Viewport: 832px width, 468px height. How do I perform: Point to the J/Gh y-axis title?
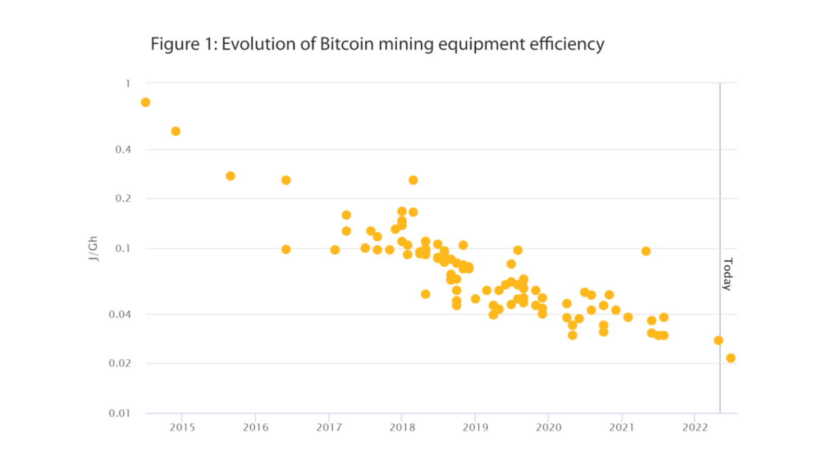click(x=93, y=249)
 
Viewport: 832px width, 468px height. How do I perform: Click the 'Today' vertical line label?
click(x=727, y=274)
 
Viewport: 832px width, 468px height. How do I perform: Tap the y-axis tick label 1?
click(x=128, y=83)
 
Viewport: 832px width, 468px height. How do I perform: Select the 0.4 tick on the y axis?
click(x=123, y=150)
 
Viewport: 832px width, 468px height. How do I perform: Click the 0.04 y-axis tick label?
click(x=120, y=314)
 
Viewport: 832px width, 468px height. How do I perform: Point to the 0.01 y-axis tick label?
click(x=120, y=413)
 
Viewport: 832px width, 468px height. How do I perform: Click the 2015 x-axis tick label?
click(x=183, y=427)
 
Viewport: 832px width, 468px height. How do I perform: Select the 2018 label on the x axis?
click(x=402, y=427)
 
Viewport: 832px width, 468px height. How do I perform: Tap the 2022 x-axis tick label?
click(x=695, y=427)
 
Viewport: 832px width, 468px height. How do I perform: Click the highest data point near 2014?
click(x=146, y=102)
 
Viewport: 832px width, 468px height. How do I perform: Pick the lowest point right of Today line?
click(x=731, y=358)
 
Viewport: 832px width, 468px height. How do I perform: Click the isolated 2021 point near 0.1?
click(x=646, y=251)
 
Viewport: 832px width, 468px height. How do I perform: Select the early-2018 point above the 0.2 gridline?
click(x=413, y=180)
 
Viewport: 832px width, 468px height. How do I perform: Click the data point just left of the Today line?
click(x=718, y=341)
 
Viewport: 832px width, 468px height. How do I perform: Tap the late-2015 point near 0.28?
click(x=230, y=176)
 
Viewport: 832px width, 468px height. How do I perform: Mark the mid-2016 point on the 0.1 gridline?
click(x=286, y=250)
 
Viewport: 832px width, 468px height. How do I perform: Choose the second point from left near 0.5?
click(x=176, y=132)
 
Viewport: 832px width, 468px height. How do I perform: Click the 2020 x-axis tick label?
click(x=549, y=427)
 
